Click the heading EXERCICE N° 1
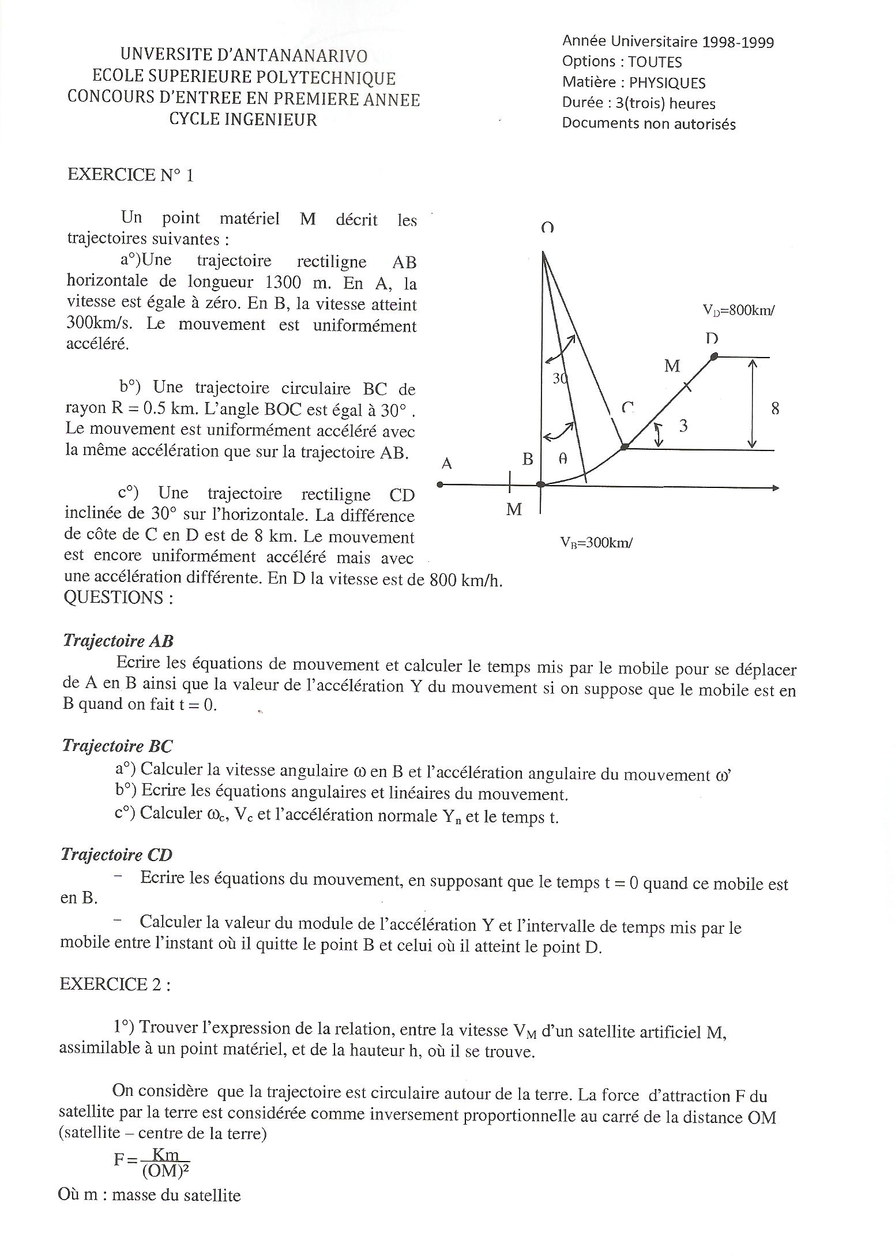[130, 175]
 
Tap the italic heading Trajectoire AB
[118, 641]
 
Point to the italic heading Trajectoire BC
[117, 746]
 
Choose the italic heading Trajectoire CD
[116, 855]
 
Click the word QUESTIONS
[118, 598]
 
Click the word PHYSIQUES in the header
[667, 83]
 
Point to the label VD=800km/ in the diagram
[738, 310]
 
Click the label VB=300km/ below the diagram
[596, 543]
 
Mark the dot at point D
[713, 356]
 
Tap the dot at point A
[440, 484]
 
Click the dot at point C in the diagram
[625, 446]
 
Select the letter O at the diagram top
[547, 228]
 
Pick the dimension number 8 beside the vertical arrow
[775, 409]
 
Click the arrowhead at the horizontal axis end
[775, 488]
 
